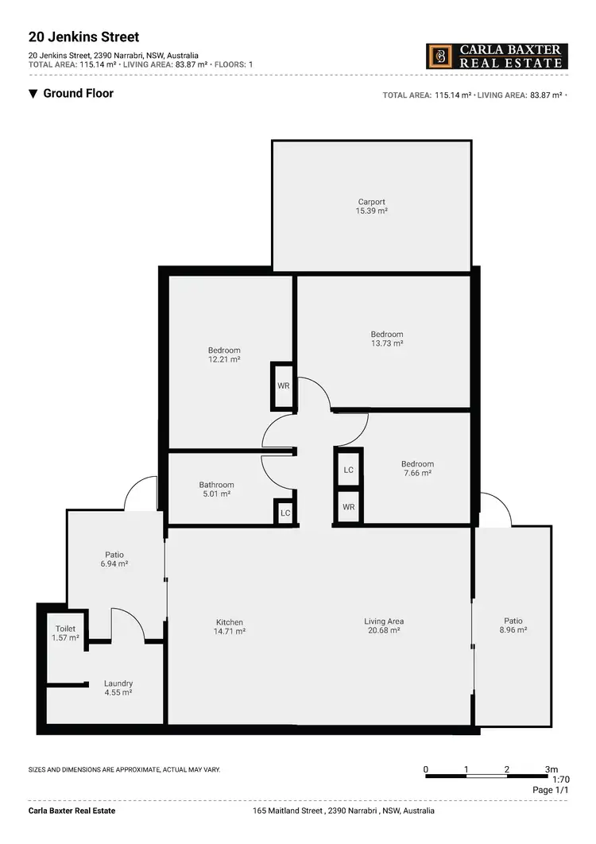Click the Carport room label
click(x=371, y=202)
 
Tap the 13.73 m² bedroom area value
click(x=387, y=343)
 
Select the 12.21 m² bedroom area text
click(x=224, y=359)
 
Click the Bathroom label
click(x=216, y=485)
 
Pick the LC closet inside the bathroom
click(x=285, y=513)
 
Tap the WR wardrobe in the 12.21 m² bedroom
click(x=283, y=385)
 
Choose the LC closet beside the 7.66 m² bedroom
click(x=348, y=470)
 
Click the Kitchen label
click(x=230, y=622)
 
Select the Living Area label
click(x=385, y=621)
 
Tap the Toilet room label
click(x=65, y=629)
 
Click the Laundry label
click(x=118, y=683)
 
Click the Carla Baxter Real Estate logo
click(x=497, y=56)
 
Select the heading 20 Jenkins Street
click(x=83, y=37)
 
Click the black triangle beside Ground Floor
click(x=33, y=94)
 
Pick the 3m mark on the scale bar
click(x=551, y=769)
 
